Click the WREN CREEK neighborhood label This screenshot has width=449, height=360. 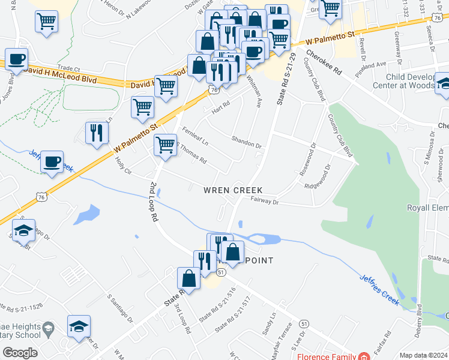(233, 190)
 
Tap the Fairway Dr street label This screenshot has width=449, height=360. (265, 202)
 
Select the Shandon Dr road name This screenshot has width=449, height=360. (247, 142)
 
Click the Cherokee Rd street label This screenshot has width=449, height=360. (324, 62)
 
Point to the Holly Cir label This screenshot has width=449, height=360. (124, 163)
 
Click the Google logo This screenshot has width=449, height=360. (20, 353)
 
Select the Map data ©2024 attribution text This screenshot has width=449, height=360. (423, 355)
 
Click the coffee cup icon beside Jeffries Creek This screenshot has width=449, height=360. (52, 161)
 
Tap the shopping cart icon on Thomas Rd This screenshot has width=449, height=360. (165, 145)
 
